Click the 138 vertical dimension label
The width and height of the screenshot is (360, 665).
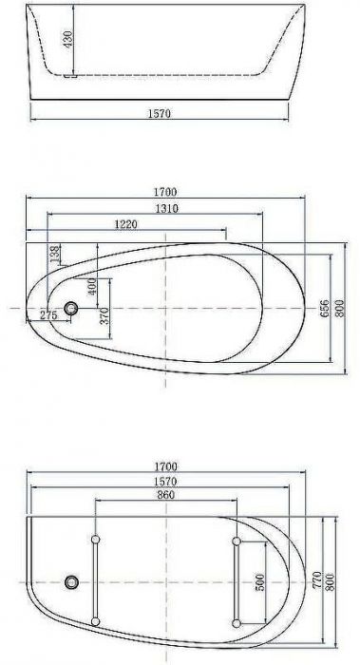pos(55,255)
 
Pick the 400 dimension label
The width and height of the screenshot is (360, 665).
pos(92,286)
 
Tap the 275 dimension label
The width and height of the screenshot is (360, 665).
pos(47,314)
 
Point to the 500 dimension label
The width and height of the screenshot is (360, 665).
pos(259,581)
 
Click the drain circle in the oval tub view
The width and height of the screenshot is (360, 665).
pos(71,309)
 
